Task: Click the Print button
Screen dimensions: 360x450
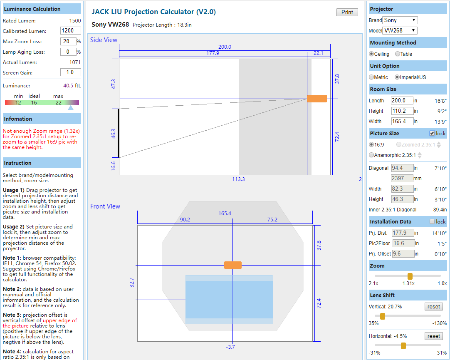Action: (347, 12)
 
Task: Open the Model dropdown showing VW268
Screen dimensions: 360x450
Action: (400, 30)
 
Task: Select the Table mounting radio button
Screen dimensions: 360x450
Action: (398, 54)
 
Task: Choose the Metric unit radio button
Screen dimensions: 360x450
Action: (371, 77)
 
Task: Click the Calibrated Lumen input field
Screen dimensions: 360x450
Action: (70, 31)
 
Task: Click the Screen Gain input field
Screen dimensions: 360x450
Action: (70, 72)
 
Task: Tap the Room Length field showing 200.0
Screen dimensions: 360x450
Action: (402, 101)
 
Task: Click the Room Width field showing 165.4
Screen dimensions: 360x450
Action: (402, 122)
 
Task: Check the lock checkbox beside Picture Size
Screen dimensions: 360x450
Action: (432, 134)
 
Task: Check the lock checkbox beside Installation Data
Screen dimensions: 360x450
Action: (432, 222)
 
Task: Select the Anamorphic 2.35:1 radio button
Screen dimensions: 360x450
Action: (371, 155)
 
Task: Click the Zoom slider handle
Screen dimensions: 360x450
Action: (410, 276)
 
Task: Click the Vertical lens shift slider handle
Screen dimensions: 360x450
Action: (383, 316)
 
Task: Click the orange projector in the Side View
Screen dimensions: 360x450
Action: (317, 99)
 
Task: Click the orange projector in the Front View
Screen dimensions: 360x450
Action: (233, 265)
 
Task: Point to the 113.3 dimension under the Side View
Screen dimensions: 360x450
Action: (238, 179)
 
